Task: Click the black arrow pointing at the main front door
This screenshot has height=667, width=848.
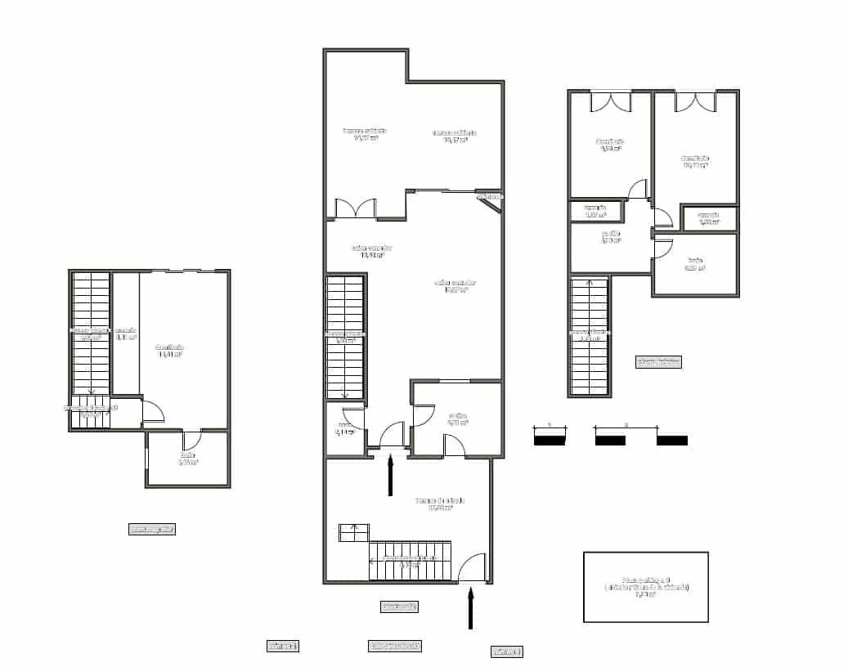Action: [x=390, y=475]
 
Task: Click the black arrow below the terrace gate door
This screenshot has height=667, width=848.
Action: [x=470, y=609]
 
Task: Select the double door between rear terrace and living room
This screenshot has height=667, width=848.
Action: [x=355, y=208]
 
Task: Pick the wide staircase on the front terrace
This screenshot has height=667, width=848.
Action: [x=410, y=560]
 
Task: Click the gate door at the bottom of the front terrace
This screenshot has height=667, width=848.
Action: [x=472, y=568]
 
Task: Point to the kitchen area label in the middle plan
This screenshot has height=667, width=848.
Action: [x=457, y=419]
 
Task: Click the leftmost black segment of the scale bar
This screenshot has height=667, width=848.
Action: [x=549, y=440]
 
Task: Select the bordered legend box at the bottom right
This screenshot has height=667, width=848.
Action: [x=645, y=586]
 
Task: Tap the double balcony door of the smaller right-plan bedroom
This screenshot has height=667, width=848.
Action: [x=611, y=101]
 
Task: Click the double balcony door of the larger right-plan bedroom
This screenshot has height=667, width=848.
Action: [x=695, y=101]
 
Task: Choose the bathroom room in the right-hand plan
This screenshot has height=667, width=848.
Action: [x=695, y=263]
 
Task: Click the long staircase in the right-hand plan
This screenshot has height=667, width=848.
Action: [x=590, y=335]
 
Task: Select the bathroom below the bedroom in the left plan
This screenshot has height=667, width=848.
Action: [x=187, y=459]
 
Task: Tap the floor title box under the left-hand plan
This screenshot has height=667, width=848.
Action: [x=152, y=529]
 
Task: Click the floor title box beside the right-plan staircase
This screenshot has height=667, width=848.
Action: [x=658, y=361]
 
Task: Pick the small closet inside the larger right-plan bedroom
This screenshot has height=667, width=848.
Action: [x=709, y=218]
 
